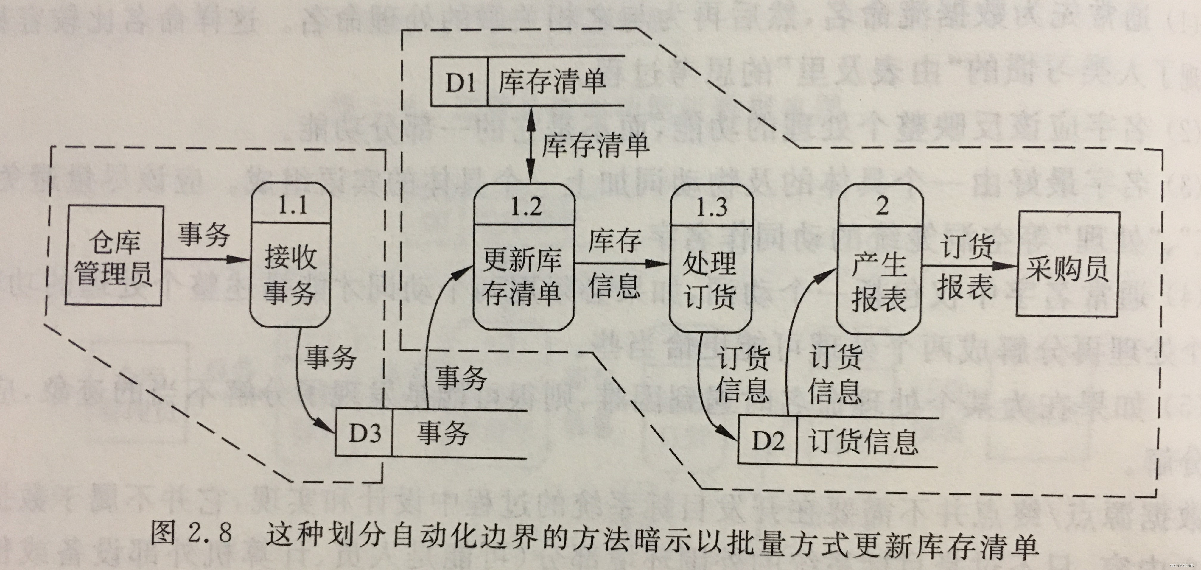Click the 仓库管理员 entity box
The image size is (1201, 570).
point(114,256)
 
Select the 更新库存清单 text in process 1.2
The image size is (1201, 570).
point(522,277)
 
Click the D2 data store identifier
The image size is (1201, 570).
point(767,440)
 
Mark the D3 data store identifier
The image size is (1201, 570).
point(365,433)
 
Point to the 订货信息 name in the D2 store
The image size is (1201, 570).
point(863,440)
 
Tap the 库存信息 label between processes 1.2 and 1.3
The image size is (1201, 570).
point(614,263)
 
